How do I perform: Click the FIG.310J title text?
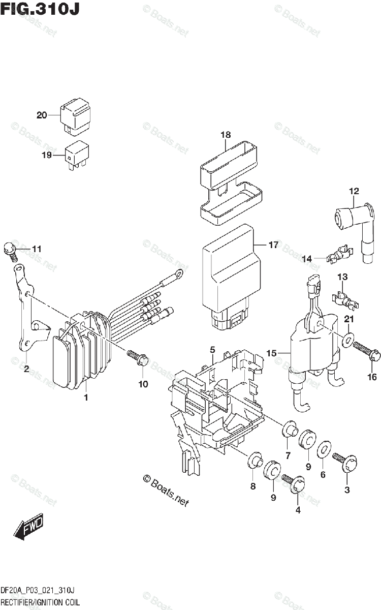(40, 9)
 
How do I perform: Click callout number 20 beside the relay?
(42, 115)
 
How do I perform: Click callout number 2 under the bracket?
(26, 370)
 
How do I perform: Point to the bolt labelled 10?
(137, 357)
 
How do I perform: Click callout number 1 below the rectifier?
(86, 397)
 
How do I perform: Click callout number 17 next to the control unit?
(273, 245)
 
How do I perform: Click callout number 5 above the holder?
(213, 350)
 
